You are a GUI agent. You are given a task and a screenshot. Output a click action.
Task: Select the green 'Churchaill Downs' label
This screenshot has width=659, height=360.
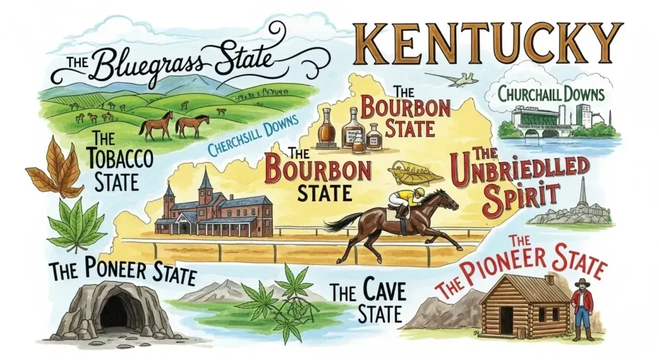pyautogui.click(x=551, y=95)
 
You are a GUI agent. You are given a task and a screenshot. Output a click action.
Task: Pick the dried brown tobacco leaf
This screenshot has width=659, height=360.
pyautogui.click(x=55, y=169)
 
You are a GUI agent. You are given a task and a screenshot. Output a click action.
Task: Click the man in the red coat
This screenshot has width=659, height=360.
pyautogui.click(x=583, y=308)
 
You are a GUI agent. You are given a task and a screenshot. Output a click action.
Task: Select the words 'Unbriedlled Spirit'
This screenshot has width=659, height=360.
pyautogui.click(x=522, y=179)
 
